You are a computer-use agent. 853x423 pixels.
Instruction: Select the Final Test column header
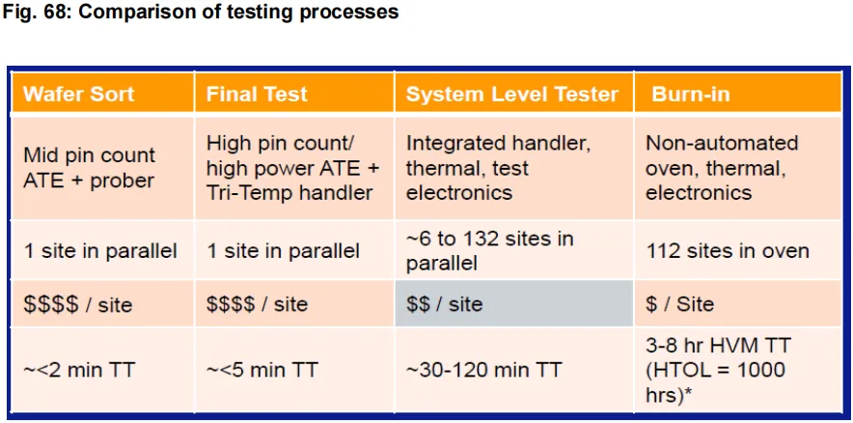pos(294,93)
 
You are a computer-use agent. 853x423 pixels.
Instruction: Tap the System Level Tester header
pos(514,93)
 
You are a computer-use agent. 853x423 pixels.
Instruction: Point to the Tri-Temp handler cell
pos(294,168)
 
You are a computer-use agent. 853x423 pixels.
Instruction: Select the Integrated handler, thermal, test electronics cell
pos(514,168)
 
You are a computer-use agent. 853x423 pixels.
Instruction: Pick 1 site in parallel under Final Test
pos(294,250)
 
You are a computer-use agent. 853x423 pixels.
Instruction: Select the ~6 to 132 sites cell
pos(514,250)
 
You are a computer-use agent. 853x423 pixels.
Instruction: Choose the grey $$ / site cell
pos(514,304)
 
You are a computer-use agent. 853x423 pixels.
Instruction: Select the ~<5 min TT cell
pos(294,370)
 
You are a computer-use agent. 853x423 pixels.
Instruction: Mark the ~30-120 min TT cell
pos(514,370)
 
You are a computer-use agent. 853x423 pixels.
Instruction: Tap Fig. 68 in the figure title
pos(36,12)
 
